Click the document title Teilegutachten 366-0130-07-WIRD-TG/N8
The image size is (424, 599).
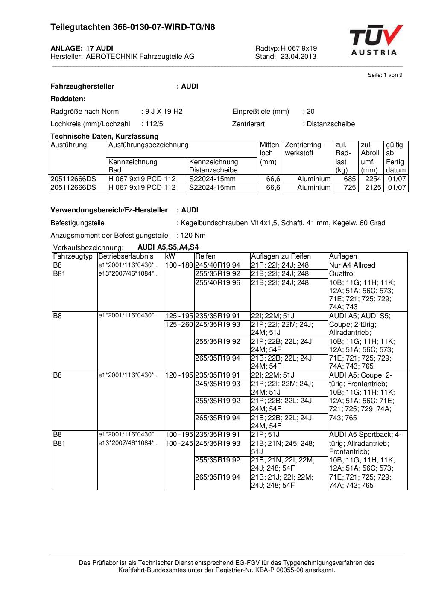132,27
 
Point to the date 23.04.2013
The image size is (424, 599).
298,56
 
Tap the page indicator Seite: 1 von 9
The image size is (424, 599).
385,75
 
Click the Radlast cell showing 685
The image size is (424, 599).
350,179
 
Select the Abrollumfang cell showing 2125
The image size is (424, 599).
373,188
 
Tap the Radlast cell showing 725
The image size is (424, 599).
350,188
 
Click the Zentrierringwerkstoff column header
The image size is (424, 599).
304,149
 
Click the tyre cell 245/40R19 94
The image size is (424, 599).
217,265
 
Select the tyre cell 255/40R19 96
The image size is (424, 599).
217,282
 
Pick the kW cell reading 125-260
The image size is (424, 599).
179,325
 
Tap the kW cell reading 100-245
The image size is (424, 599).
179,444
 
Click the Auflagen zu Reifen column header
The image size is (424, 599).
281,256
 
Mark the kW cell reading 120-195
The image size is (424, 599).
179,375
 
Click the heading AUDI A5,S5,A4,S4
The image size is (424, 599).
168,247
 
